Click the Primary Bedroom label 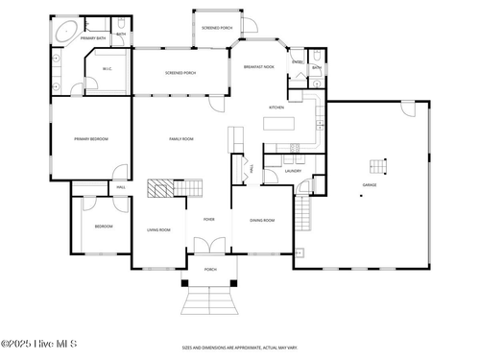coord(91,139)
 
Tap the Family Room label coord(181,139)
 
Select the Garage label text coord(370,183)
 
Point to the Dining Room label coord(262,220)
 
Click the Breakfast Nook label coord(259,67)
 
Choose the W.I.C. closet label coord(108,68)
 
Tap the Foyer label coord(208,219)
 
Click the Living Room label coord(158,229)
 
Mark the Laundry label coord(293,171)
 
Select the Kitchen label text coord(276,107)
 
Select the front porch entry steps coord(210,303)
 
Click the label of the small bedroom coord(103,226)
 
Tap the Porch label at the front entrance coord(210,269)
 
